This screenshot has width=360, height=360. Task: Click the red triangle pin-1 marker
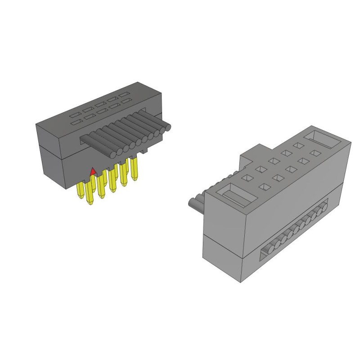pos(93,171)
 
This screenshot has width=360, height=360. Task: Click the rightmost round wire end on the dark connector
pos(168,128)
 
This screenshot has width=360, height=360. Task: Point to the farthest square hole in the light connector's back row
pos(297,145)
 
